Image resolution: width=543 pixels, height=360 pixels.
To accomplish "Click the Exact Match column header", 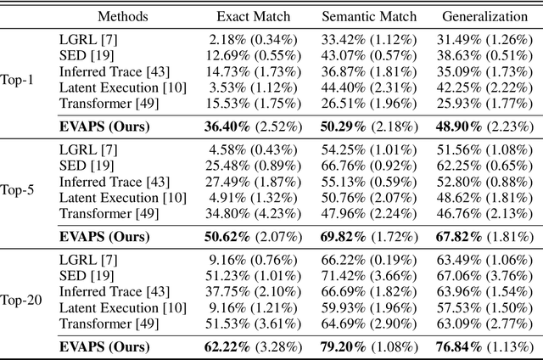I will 253,16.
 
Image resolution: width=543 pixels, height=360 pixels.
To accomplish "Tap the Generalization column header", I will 484,16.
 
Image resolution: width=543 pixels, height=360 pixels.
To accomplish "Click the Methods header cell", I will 123,16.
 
